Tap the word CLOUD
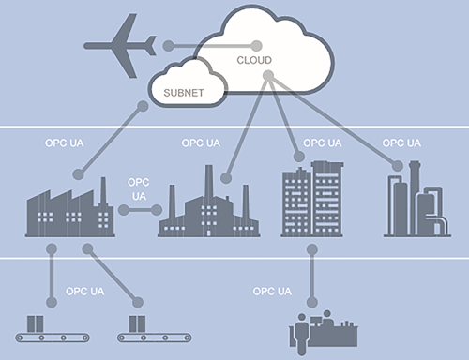pyautogui.click(x=253, y=60)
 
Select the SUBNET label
pyautogui.click(x=184, y=94)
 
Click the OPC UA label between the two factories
pyautogui.click(x=139, y=189)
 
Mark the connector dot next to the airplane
pyautogui.click(x=167, y=45)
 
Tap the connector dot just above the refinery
pyautogui.click(x=398, y=166)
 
